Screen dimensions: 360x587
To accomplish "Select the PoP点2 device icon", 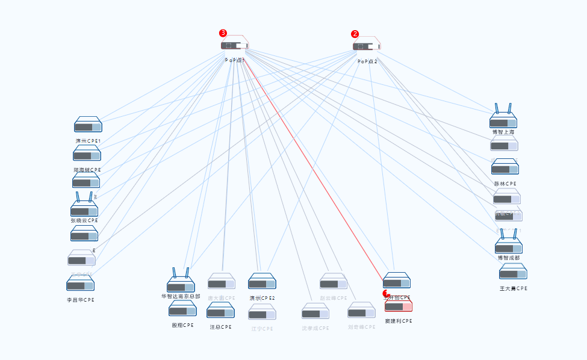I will [367, 45].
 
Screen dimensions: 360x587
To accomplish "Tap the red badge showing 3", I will [223, 33].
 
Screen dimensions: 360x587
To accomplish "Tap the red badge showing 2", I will [355, 34].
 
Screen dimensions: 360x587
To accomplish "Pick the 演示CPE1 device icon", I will [88, 125].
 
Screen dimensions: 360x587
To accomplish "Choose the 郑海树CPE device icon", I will [87, 154].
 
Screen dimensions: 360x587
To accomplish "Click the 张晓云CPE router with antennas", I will [84, 208].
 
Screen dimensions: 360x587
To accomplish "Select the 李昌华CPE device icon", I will [80, 284].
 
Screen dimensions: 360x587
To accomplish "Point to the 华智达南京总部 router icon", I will [181, 284].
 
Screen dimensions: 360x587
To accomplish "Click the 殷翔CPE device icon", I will [182, 309].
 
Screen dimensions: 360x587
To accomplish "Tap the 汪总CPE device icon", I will [220, 311].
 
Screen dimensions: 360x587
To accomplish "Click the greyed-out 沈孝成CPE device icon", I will [315, 312].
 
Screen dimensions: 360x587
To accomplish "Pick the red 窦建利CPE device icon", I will [399, 306].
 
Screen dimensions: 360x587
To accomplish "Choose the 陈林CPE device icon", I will [505, 168].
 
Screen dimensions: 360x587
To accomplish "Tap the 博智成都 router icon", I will [509, 246].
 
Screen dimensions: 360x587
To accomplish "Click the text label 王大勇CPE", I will [514, 288].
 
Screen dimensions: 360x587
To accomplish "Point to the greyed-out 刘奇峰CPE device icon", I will [361, 311].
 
